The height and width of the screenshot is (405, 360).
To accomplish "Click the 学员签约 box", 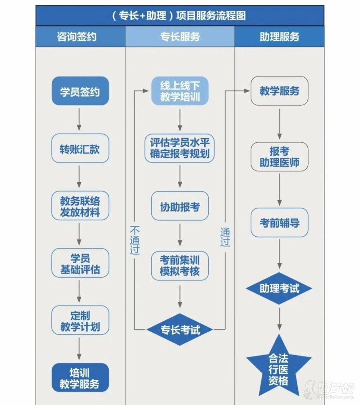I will pos(80,91).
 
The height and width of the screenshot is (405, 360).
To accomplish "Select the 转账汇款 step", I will pos(80,148).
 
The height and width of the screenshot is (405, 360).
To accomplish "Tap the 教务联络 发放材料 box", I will pos(80,206).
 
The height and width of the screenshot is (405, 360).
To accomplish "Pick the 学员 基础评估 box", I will pos(80,263).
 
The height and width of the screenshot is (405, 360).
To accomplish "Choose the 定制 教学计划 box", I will pos(80,320).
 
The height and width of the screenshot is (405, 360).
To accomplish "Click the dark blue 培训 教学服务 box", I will pos(80,378).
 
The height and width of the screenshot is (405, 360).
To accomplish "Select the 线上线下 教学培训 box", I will pos(180,91).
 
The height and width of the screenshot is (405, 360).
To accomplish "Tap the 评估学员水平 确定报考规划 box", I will pos(180,148).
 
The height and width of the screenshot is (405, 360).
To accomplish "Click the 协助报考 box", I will pos(180,206).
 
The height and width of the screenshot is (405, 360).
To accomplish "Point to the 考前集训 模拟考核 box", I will pos(180,265).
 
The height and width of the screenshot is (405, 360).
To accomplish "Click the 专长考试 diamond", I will pos(180,329).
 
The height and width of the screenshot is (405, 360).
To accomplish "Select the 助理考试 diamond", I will pos(279,288).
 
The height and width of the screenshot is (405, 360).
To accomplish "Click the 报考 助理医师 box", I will pos(279,157).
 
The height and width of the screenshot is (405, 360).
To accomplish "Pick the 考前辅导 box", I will pos(279,222).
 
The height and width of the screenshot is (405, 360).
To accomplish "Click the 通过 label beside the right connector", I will pos(225,237).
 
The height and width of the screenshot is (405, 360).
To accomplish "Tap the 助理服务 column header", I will pos(279,37).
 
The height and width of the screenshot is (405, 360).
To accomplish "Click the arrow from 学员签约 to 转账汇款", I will pos(80,120).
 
